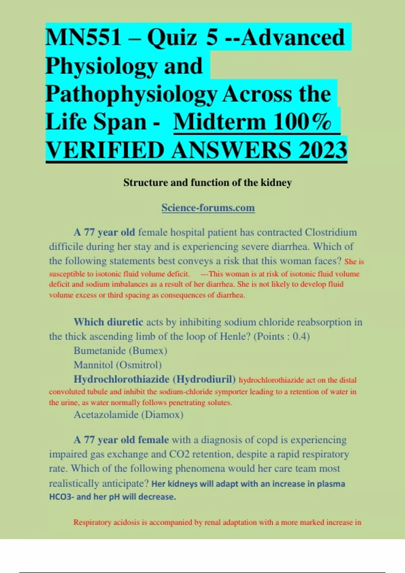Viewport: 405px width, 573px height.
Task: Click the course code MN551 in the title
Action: pyautogui.click(x=83, y=37)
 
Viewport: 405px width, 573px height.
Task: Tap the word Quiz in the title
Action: pyautogui.click(x=172, y=37)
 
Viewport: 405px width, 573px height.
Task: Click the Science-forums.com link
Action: pyautogui.click(x=208, y=208)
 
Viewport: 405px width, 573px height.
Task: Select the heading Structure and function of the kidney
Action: pyautogui.click(x=208, y=183)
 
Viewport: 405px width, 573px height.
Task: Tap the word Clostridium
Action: pyautogui.click(x=331, y=232)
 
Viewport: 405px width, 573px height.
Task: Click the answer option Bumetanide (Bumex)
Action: pyautogui.click(x=120, y=351)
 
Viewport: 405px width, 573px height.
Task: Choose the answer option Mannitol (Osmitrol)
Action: pyautogui.click(x=117, y=365)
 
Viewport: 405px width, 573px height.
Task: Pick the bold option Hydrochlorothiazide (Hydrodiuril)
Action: pyautogui.click(x=155, y=379)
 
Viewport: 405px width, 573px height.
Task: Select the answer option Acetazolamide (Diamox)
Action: pyautogui.click(x=129, y=415)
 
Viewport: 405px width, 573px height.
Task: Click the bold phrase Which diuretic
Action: pyautogui.click(x=108, y=322)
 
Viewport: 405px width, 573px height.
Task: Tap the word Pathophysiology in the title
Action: pyautogui.click(x=131, y=94)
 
